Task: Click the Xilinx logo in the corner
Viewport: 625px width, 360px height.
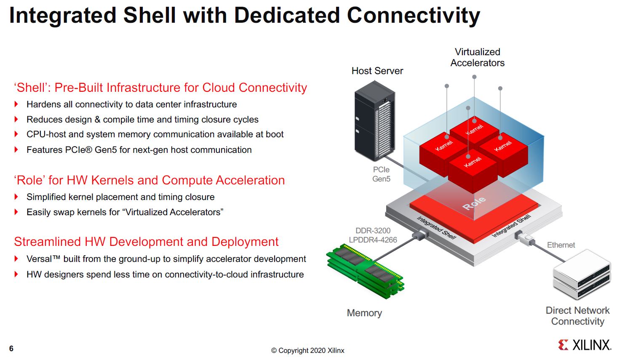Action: point(584,345)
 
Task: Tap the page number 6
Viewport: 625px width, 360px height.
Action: point(11,349)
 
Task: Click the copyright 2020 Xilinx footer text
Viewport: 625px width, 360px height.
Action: point(307,350)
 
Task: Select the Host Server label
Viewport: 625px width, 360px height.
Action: point(377,71)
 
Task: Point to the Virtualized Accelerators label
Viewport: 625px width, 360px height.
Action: point(477,57)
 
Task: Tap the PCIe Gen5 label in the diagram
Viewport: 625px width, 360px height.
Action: point(381,174)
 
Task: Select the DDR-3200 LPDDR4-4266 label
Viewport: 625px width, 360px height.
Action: point(373,235)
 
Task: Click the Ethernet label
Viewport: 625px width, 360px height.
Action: point(561,245)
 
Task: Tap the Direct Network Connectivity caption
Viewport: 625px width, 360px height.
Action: point(577,316)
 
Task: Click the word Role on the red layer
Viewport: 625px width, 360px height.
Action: point(474,203)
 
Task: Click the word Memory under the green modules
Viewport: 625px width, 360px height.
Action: point(364,313)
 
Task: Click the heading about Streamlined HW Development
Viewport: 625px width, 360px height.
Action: point(146,242)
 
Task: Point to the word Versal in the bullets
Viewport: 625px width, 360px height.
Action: point(39,259)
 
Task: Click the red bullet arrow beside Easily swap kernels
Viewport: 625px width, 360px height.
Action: point(16,212)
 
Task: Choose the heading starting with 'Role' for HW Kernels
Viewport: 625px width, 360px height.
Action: point(150,180)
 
